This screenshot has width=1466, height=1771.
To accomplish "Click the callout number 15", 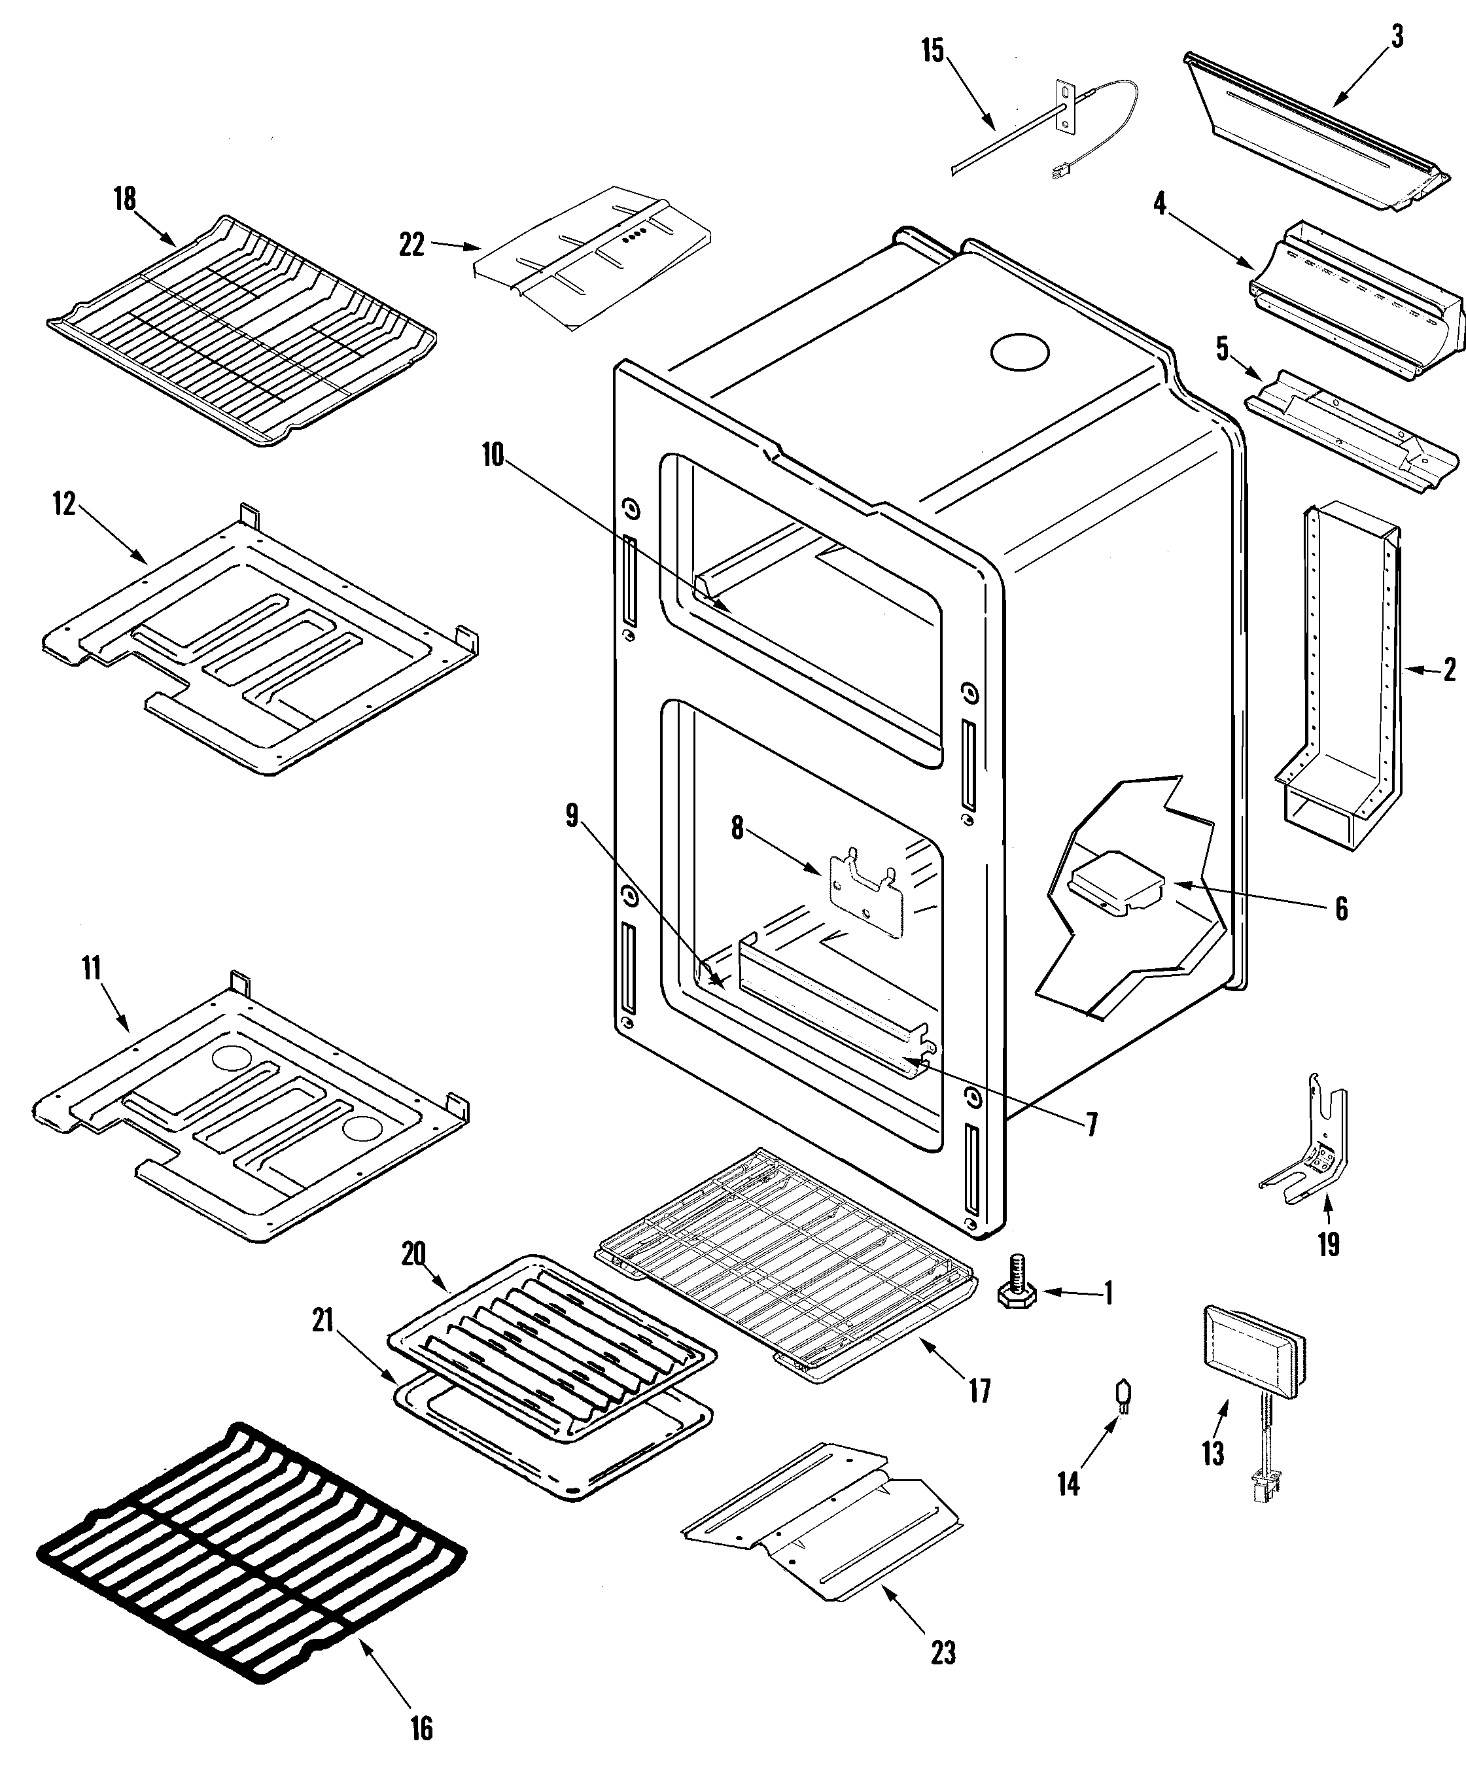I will pyautogui.click(x=932, y=50).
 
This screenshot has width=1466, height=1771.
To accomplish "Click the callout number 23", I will pyautogui.click(x=943, y=1653).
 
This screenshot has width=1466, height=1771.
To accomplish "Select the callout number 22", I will pyautogui.click(x=411, y=245).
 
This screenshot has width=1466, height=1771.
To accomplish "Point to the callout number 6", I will pyautogui.click(x=1341, y=908).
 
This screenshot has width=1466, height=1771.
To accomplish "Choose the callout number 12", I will pyautogui.click(x=65, y=504).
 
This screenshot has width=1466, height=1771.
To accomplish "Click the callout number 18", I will pyautogui.click(x=124, y=200).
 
